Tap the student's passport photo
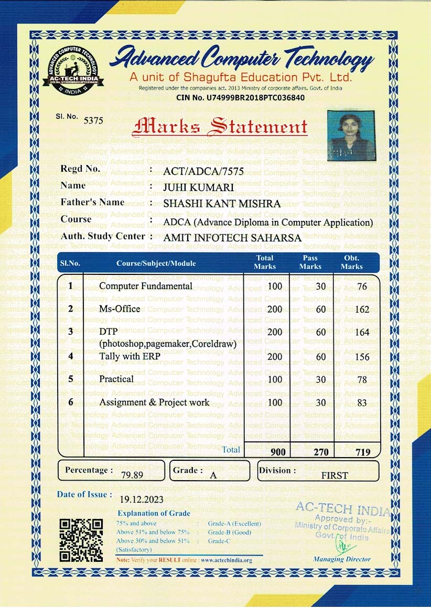351,135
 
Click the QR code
81,540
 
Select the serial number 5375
93,120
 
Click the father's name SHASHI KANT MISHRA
222,204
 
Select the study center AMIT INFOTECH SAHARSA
232,238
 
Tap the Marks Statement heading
220,126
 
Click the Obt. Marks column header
351,262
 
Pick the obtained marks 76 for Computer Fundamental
361,286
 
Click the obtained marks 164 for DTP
362,333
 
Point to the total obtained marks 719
362,452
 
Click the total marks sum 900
278,452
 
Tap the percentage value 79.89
132,475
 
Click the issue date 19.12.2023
142,499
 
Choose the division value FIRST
335,475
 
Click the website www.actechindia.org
227,560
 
